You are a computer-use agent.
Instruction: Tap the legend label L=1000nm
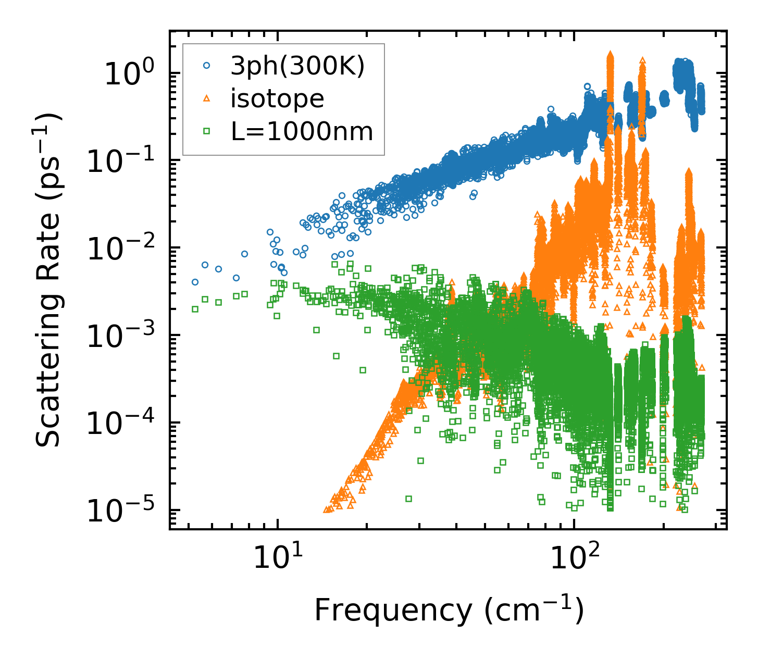tap(302, 131)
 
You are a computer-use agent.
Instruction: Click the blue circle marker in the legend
tap(207, 66)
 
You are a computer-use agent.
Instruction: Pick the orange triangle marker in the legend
tap(207, 98)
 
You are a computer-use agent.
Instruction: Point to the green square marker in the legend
tap(207, 131)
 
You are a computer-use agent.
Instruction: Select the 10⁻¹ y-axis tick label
tap(123, 161)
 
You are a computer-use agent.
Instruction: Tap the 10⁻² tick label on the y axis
tap(123, 248)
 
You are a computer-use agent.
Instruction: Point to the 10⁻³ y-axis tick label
tap(123, 336)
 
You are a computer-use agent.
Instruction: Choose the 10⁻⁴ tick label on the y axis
tap(123, 424)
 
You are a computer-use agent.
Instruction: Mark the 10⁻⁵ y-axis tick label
tap(123, 511)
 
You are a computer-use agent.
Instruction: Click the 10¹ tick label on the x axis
tap(278, 558)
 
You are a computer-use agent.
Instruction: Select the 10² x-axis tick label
tap(574, 558)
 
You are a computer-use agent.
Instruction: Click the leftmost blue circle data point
tap(195, 282)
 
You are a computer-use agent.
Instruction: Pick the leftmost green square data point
tap(195, 309)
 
